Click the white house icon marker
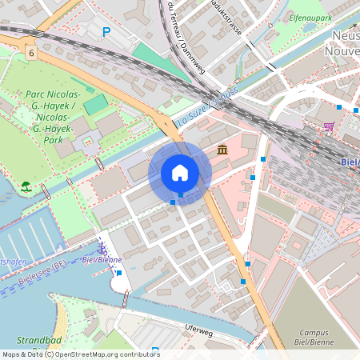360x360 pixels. [x=180, y=173]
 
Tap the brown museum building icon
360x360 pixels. [x=222, y=150]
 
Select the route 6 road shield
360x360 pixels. [x=30, y=51]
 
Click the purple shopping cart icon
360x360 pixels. [x=329, y=126]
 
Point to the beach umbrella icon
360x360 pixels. [x=26, y=187]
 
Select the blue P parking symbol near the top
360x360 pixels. [x=106, y=32]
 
